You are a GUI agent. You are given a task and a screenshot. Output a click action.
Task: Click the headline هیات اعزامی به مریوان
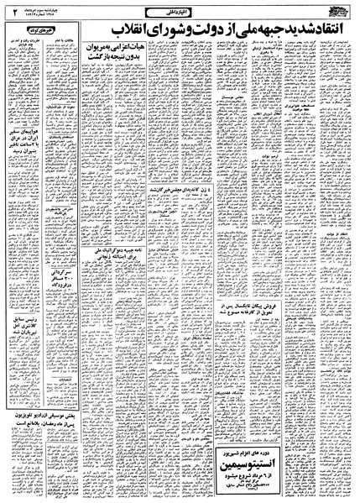(x=120, y=77)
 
